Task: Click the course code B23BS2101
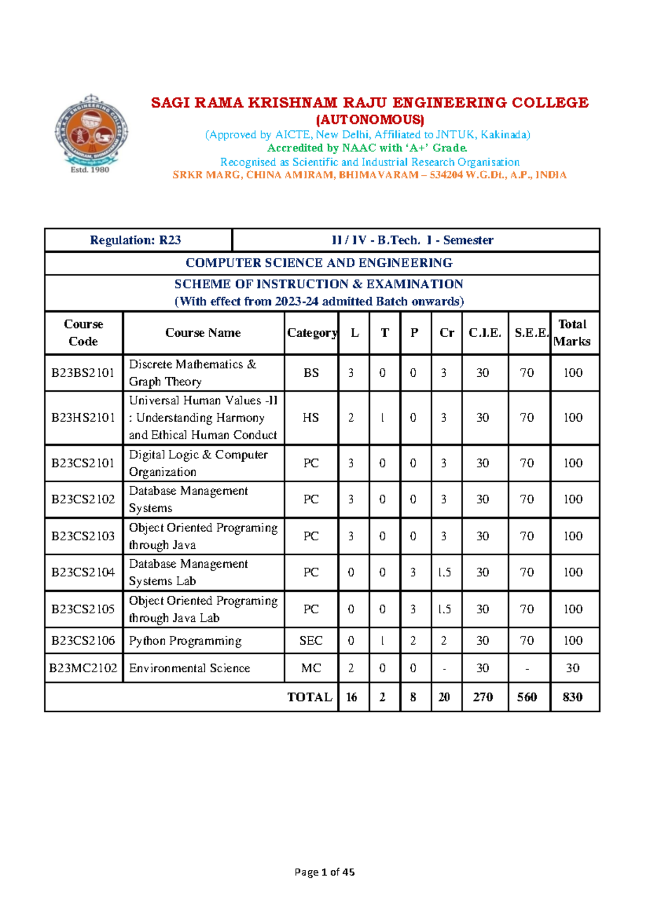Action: pyautogui.click(x=83, y=373)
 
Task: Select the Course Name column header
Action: pyautogui.click(x=203, y=333)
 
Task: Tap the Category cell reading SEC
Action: pyautogui.click(x=311, y=641)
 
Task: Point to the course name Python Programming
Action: pyautogui.click(x=185, y=641)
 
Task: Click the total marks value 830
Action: pyautogui.click(x=573, y=697)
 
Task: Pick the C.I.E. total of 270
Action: pyautogui.click(x=483, y=697)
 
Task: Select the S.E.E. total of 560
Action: pyautogui.click(x=527, y=697)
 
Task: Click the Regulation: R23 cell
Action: pyautogui.click(x=135, y=240)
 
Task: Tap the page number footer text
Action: pyautogui.click(x=324, y=872)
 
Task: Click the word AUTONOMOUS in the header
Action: pyautogui.click(x=370, y=120)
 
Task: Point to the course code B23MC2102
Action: pyautogui.click(x=83, y=668)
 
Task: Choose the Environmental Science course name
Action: pyautogui.click(x=190, y=668)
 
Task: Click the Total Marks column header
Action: pyautogui.click(x=573, y=333)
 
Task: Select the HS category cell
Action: pyautogui.click(x=311, y=418)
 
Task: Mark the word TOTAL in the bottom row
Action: pyautogui.click(x=310, y=697)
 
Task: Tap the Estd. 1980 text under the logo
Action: pyautogui.click(x=90, y=170)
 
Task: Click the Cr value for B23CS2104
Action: pyautogui.click(x=444, y=573)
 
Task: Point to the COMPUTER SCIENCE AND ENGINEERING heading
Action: pyautogui.click(x=319, y=263)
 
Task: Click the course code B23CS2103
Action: pyautogui.click(x=83, y=536)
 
